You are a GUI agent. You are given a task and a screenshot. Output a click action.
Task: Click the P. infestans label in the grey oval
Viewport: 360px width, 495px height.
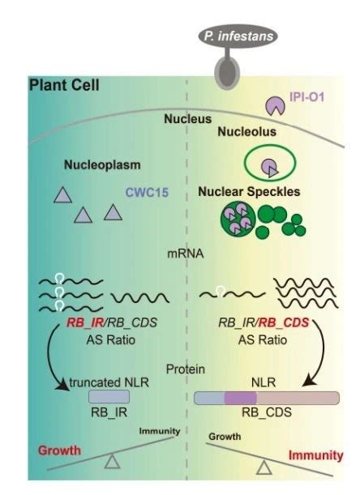pyautogui.click(x=238, y=36)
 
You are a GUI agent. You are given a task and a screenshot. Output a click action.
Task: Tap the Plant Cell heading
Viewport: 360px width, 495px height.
pyautogui.click(x=64, y=85)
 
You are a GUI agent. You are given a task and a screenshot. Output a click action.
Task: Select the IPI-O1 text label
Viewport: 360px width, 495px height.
pyautogui.click(x=307, y=97)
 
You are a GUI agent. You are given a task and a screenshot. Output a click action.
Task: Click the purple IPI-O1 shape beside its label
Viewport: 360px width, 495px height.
pyautogui.click(x=275, y=106)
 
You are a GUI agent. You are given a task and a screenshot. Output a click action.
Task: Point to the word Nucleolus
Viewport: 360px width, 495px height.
pyautogui.click(x=246, y=131)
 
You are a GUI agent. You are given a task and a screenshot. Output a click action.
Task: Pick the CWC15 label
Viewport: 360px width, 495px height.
pyautogui.click(x=147, y=192)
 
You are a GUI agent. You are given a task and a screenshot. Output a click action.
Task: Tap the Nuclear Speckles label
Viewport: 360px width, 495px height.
pyautogui.click(x=249, y=192)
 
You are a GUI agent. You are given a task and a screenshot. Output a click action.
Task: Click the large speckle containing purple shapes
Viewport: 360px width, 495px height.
pyautogui.click(x=238, y=219)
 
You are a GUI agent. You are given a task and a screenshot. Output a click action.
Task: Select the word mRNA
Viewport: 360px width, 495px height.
pyautogui.click(x=186, y=254)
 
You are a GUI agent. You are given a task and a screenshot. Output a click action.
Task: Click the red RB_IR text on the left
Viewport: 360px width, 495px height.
pyautogui.click(x=85, y=322)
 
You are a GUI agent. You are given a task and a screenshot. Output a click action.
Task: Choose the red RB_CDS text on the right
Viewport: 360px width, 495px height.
pyautogui.click(x=284, y=322)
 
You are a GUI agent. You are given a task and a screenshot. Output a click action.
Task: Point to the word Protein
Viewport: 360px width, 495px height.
pyautogui.click(x=186, y=369)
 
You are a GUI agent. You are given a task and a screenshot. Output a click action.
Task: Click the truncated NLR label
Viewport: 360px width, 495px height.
pyautogui.click(x=109, y=382)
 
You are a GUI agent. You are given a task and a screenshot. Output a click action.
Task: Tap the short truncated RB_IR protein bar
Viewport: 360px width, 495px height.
pyautogui.click(x=109, y=397)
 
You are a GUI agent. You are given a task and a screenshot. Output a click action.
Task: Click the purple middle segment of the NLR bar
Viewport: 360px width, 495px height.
pyautogui.click(x=241, y=398)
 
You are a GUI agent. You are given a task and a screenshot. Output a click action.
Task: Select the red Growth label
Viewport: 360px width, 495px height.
pyautogui.click(x=59, y=450)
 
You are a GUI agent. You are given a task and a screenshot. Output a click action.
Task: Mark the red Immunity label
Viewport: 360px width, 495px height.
pyautogui.click(x=315, y=455)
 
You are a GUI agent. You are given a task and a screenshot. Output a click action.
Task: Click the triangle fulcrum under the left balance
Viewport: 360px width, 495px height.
pyautogui.click(x=112, y=462)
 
